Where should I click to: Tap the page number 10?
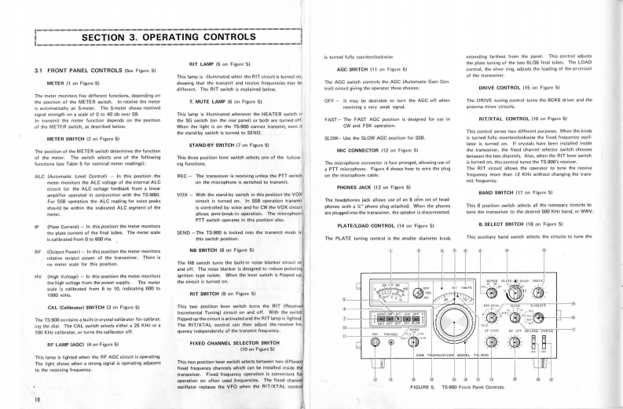38,399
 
